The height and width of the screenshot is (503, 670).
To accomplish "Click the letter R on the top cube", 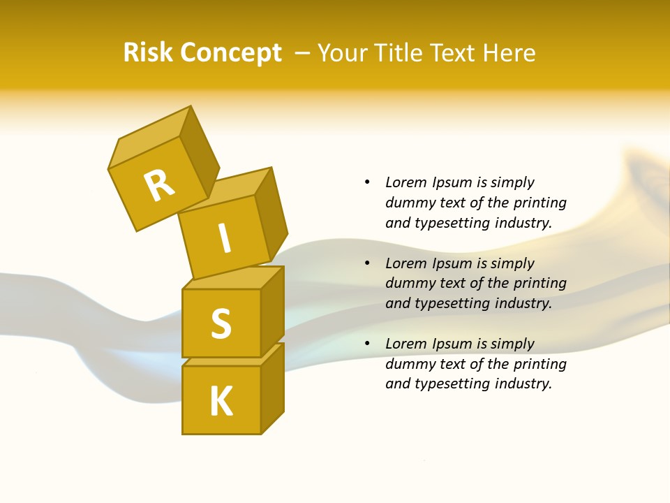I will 159,185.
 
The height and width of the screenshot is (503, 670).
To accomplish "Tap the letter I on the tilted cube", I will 224,239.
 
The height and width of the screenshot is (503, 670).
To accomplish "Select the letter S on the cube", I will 221,323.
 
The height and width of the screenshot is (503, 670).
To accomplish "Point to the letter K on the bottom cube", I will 221,402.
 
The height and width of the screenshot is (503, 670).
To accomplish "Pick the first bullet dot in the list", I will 367,182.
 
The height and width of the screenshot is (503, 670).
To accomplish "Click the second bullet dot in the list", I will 367,263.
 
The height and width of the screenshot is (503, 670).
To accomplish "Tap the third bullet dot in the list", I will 367,344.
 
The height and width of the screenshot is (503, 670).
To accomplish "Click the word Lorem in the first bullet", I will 405,182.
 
